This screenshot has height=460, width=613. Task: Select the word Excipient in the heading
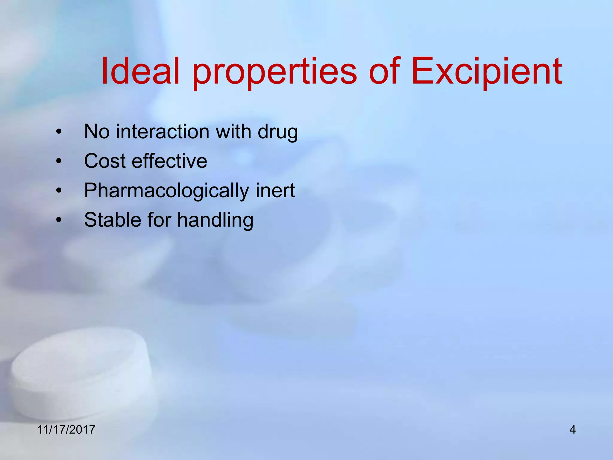tap(486, 72)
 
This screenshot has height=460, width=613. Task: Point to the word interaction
tap(163, 131)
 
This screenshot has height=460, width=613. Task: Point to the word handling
tap(215, 220)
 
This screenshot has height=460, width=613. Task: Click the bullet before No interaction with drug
tap(59, 132)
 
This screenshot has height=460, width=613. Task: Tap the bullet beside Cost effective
tap(59, 161)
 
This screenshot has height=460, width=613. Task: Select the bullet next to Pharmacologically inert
tap(59, 190)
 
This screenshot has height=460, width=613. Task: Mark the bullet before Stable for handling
tap(59, 220)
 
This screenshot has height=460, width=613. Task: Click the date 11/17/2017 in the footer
tap(66, 429)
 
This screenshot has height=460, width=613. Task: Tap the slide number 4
tap(572, 430)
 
